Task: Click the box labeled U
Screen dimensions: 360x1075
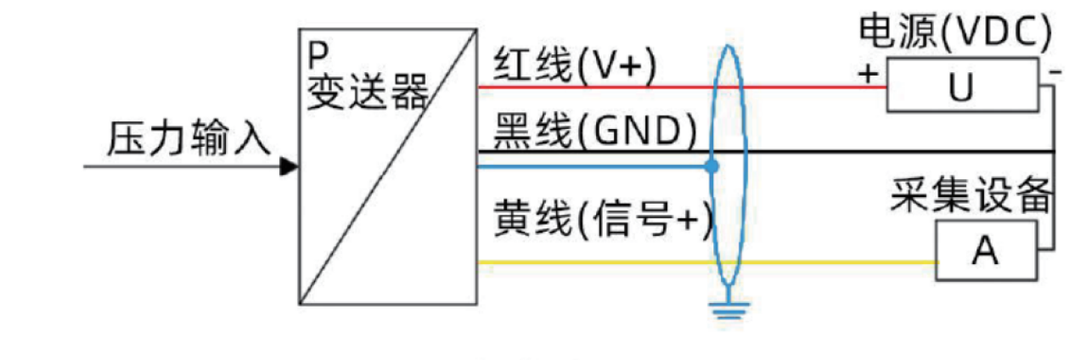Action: [961, 86]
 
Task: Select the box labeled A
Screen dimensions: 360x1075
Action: [986, 250]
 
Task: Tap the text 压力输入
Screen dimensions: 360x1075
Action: [189, 139]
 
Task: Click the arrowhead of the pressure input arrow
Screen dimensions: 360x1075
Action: [290, 167]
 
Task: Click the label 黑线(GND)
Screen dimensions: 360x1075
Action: [594, 130]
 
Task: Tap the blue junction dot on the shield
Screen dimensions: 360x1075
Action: [712, 167]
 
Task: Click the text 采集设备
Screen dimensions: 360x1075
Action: [972, 197]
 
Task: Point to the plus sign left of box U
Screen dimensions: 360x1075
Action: [867, 73]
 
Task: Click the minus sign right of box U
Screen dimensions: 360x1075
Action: [1054, 72]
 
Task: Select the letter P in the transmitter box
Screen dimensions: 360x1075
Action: [317, 55]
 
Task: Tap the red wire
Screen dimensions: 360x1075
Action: [594, 87]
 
